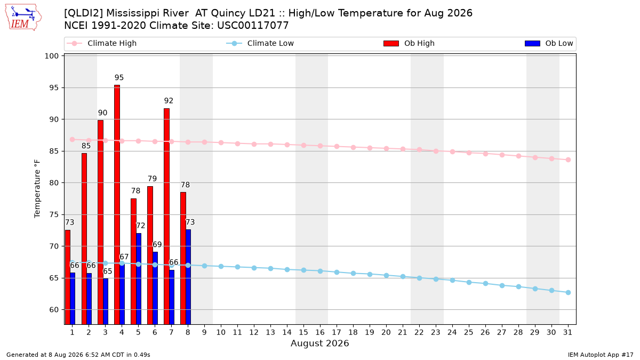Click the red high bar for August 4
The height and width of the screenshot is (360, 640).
(117, 205)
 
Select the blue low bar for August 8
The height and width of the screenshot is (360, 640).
(188, 277)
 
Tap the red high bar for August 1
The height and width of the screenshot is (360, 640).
(67, 277)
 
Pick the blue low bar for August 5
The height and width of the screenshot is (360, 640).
(139, 278)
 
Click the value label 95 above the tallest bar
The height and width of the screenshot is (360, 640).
(119, 77)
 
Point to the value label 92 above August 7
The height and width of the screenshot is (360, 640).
(169, 101)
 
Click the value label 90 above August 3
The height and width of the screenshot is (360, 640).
(102, 113)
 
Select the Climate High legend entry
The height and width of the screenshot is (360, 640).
(101, 43)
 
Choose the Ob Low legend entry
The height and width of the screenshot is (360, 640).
(549, 43)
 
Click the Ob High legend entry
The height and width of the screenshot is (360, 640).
(409, 43)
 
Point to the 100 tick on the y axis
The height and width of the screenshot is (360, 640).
(51, 56)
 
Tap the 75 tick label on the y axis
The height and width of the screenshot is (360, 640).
(54, 214)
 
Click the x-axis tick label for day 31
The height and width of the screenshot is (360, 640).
(567, 332)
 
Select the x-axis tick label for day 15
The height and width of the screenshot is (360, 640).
(303, 332)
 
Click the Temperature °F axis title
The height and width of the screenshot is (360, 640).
(37, 189)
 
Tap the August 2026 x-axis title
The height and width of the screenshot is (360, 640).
(319, 343)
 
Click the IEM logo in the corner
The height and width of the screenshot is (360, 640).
(23, 18)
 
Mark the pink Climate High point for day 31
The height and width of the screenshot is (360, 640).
(568, 159)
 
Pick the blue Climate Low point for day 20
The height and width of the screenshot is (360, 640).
(386, 275)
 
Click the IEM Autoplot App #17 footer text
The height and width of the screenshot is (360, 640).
(601, 355)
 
